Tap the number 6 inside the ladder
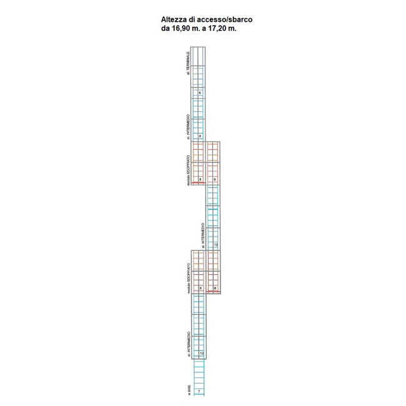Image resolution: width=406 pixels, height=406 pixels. pos(199,92)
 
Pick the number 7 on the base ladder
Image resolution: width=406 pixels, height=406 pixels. pos(199,391)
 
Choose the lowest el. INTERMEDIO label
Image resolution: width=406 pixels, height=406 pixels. pos(188,344)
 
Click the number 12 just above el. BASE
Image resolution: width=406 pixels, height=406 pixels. pos(201,354)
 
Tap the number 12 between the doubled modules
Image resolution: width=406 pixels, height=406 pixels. pos(215,245)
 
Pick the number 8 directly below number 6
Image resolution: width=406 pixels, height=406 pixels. pos(199,136)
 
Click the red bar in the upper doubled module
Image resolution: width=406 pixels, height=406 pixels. pos(198,183)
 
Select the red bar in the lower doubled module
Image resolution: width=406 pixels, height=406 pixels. pos(214,292)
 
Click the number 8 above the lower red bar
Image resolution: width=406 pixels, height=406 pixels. pos(215,288)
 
